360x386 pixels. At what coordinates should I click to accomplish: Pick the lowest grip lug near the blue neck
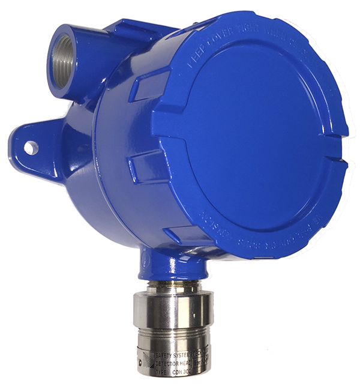coord(183,235)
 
